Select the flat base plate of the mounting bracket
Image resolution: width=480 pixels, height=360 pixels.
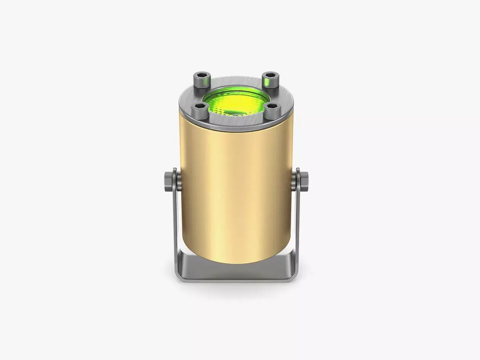click(x=236, y=272)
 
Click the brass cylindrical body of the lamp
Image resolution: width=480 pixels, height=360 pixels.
click(x=236, y=192)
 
